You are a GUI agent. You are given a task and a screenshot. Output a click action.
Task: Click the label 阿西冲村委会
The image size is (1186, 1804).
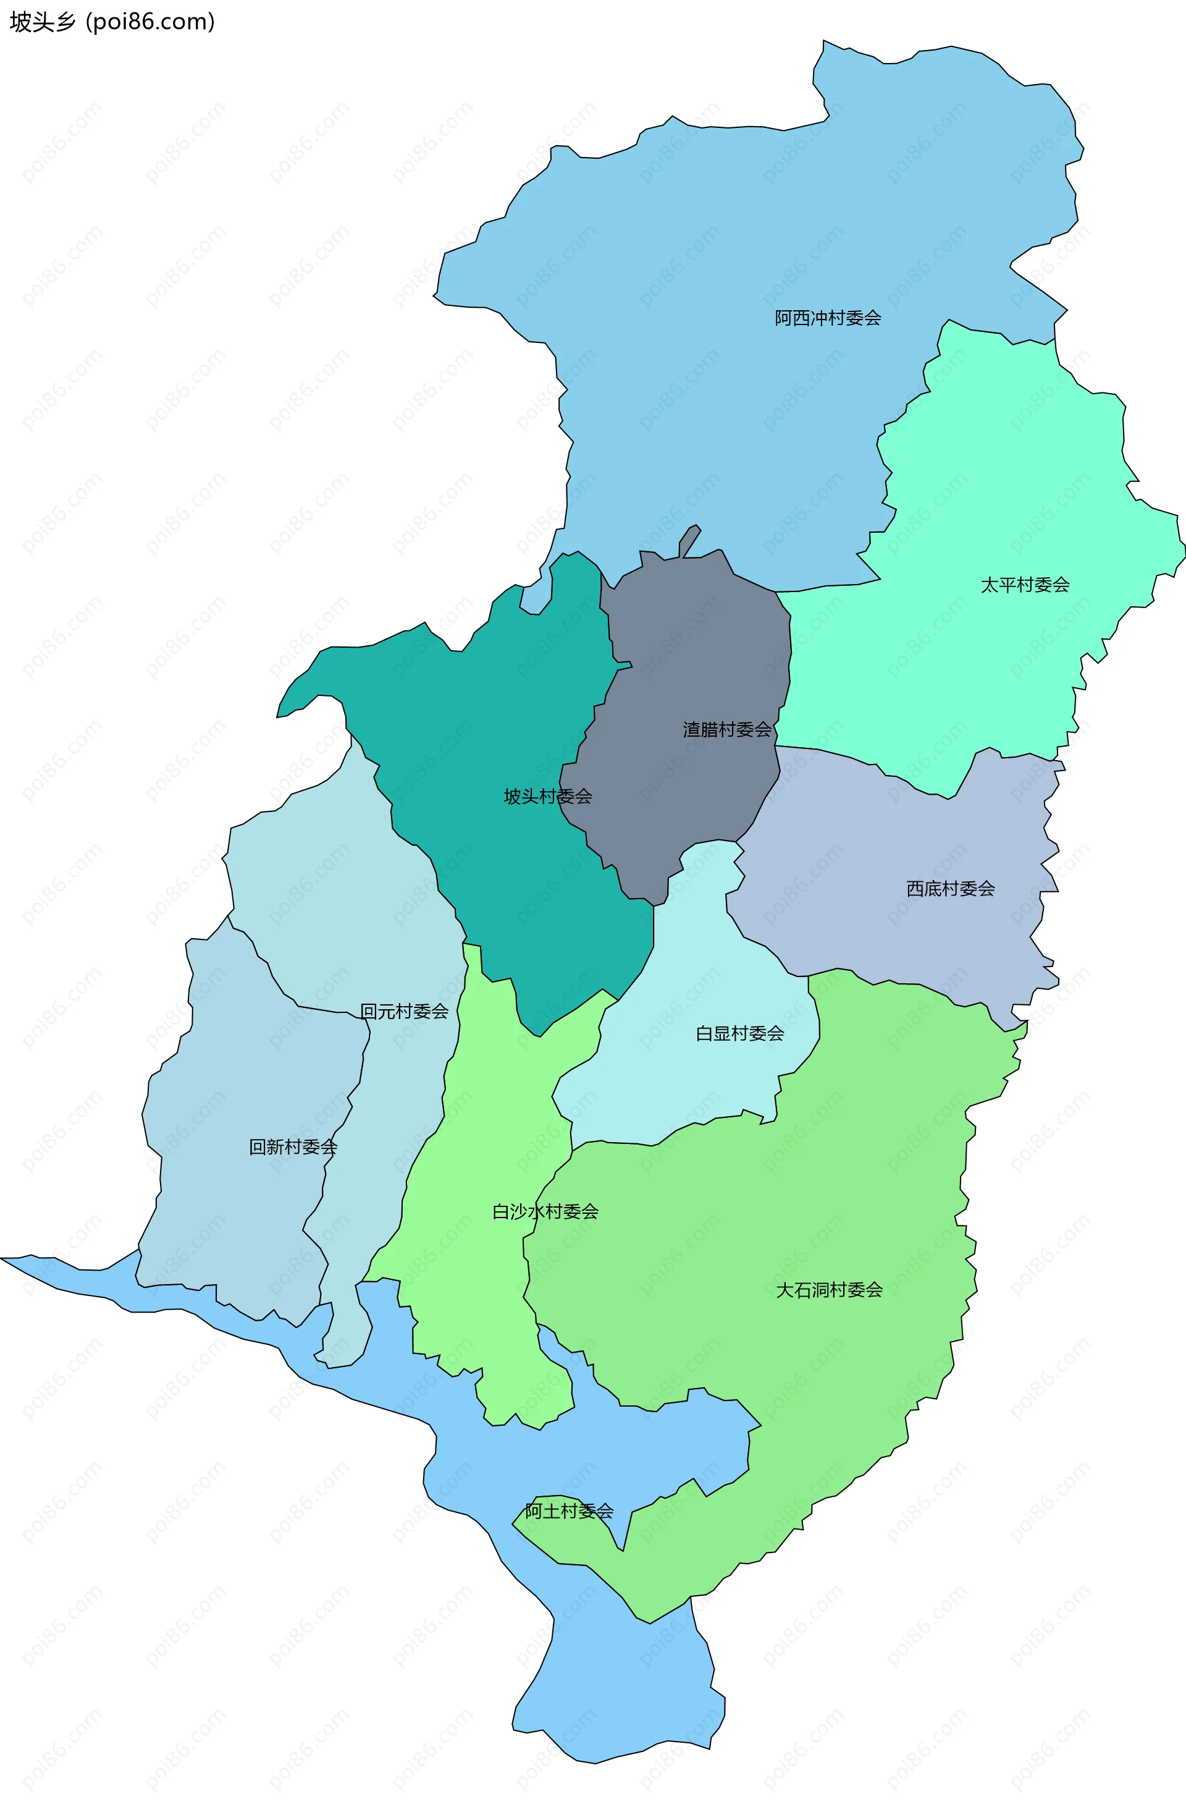point(828,318)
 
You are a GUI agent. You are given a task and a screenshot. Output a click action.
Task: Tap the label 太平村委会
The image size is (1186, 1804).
point(1025,585)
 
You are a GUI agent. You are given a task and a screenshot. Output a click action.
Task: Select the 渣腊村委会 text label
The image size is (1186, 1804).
point(727,729)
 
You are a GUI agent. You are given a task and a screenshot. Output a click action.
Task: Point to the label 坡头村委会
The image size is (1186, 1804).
point(548,796)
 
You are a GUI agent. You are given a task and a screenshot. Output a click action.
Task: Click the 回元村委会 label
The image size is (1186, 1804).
point(404,1010)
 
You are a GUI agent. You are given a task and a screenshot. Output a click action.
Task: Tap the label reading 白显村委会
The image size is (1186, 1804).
point(739,1033)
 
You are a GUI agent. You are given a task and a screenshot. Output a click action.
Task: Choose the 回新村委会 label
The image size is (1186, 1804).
point(293,1147)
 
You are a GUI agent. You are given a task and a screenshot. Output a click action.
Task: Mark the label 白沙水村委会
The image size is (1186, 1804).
point(545,1211)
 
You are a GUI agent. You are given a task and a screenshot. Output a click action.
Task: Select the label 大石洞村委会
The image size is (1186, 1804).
point(829,1289)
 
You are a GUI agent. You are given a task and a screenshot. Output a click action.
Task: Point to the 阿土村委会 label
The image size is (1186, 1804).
point(569,1510)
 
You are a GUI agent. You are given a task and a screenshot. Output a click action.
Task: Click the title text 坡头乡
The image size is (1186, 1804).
point(43,22)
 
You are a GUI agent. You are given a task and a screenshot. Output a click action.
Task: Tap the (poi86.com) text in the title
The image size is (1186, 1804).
point(150,22)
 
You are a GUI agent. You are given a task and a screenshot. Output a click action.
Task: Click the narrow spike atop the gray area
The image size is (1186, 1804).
point(689,540)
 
